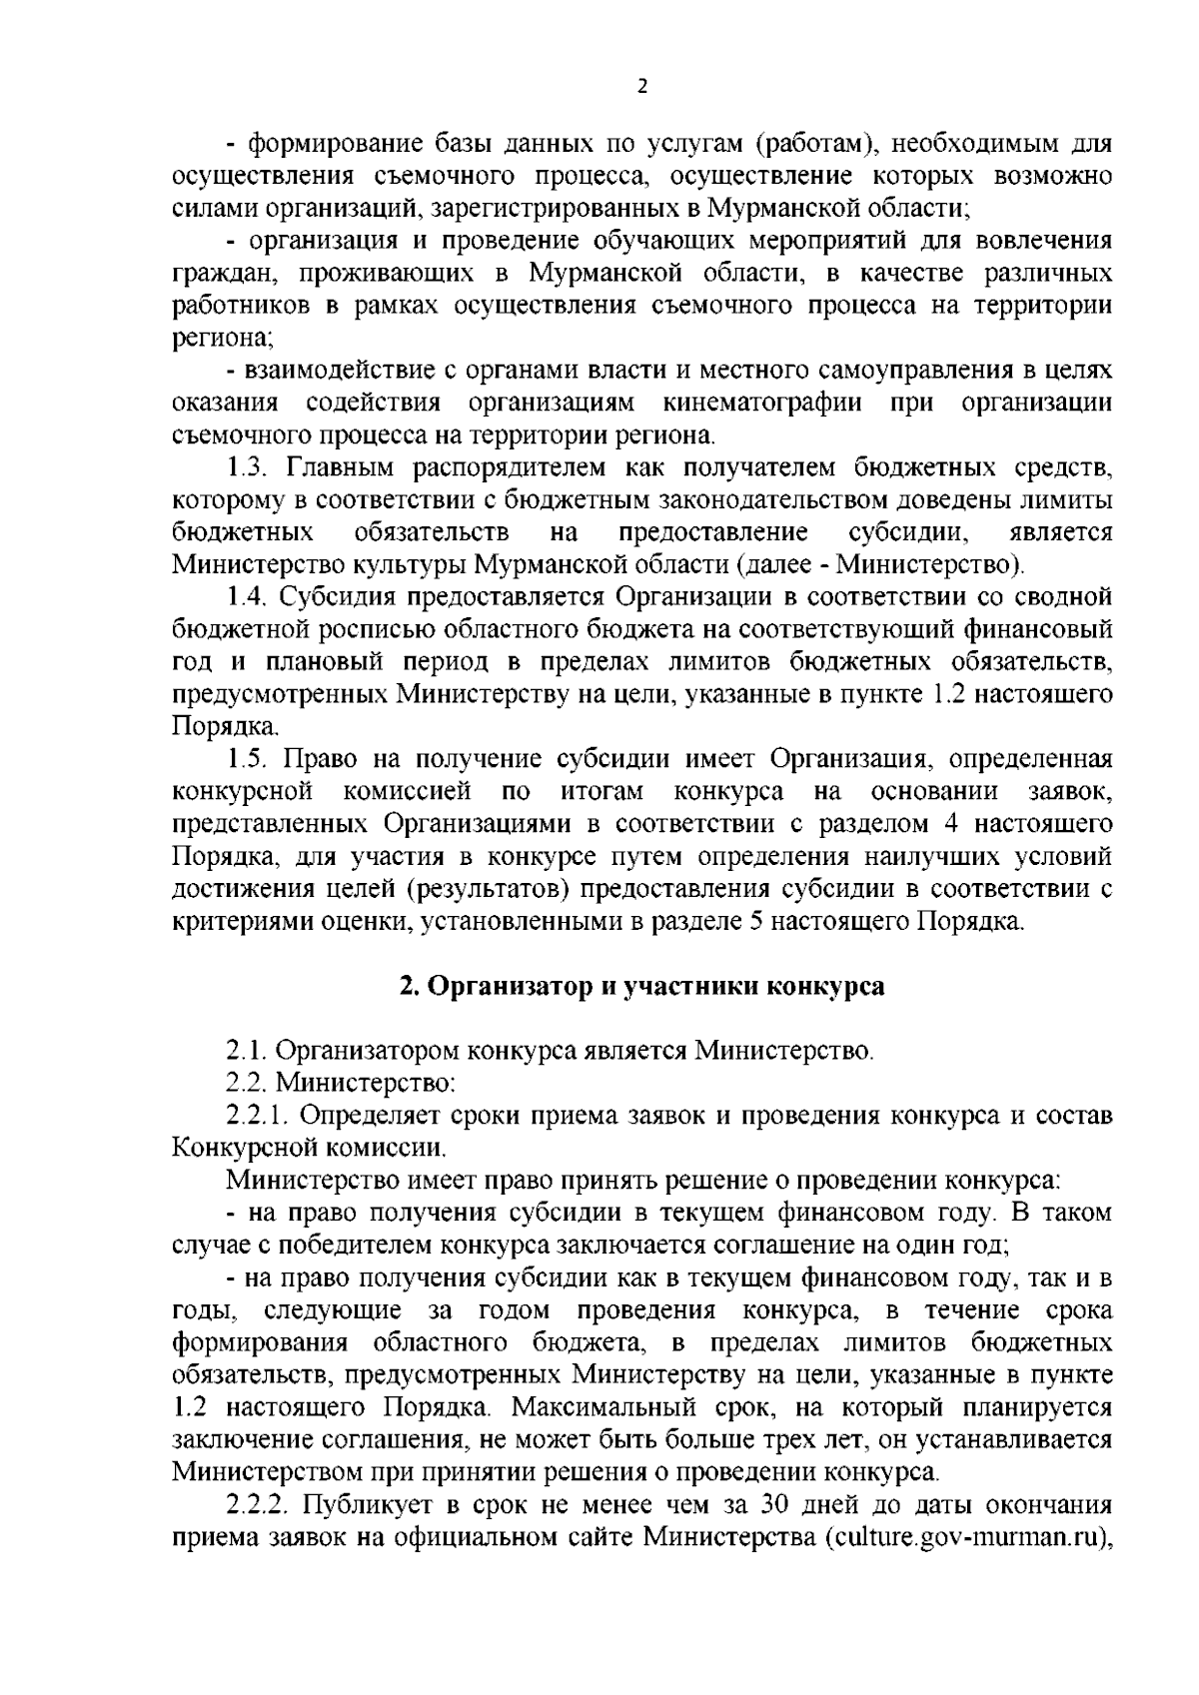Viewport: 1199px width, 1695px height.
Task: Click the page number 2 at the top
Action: tap(642, 87)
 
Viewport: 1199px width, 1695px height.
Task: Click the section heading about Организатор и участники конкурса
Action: tap(642, 985)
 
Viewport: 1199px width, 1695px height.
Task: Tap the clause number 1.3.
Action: tap(248, 466)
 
